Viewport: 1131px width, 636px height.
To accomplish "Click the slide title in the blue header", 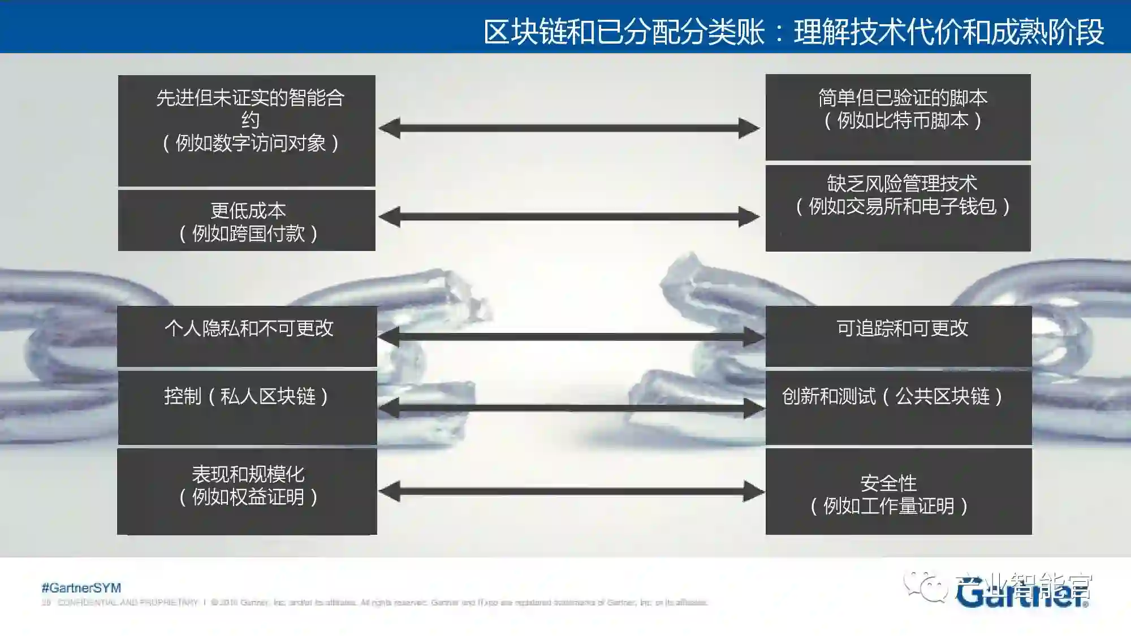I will click(793, 32).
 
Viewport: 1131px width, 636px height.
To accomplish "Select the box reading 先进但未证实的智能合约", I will click(247, 130).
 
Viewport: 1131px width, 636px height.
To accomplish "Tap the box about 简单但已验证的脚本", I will click(898, 117).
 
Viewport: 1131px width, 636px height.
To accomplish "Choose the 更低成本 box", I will click(247, 220).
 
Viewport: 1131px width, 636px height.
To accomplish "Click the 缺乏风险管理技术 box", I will click(898, 207).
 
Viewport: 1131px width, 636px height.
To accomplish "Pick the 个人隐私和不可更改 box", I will click(247, 336).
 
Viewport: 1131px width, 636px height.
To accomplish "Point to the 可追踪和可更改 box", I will click(899, 336).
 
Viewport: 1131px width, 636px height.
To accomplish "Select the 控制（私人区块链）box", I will click(247, 407).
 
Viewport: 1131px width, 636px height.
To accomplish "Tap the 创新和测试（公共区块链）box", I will click(899, 407).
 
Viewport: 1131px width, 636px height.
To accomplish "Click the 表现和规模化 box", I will click(247, 491).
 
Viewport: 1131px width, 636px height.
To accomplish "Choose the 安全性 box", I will click(899, 491).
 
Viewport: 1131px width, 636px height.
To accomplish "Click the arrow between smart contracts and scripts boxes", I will click(569, 128).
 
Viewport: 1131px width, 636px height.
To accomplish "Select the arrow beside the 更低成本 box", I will click(569, 217).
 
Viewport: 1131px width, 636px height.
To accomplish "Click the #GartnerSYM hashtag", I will click(81, 588).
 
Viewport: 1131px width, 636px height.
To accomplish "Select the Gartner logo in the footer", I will click(1021, 593).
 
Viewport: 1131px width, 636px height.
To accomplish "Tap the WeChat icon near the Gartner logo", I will click(926, 586).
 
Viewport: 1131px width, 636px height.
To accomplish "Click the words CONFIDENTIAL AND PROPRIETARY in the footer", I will click(128, 603).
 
